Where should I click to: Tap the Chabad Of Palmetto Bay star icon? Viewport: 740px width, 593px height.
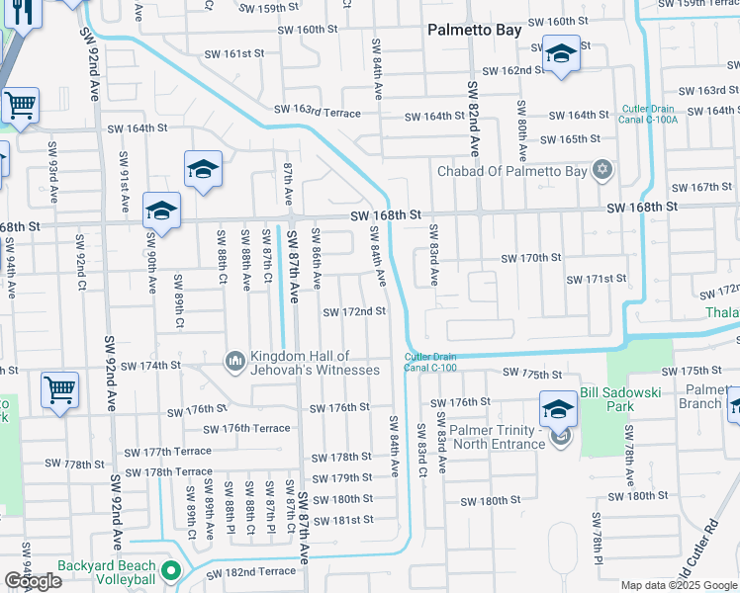[601, 170]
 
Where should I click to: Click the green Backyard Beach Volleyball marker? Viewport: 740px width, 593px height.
[170, 570]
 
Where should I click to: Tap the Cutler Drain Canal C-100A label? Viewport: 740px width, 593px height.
[650, 114]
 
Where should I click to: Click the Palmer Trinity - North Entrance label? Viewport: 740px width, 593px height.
[484, 437]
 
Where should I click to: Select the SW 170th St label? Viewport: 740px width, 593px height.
[530, 258]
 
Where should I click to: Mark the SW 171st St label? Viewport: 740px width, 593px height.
[596, 280]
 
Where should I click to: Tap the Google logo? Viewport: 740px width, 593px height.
[32, 581]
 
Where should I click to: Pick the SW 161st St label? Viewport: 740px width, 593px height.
[234, 54]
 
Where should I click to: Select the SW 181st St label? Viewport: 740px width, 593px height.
[341, 520]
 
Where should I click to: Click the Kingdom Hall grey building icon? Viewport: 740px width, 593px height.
[235, 363]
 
